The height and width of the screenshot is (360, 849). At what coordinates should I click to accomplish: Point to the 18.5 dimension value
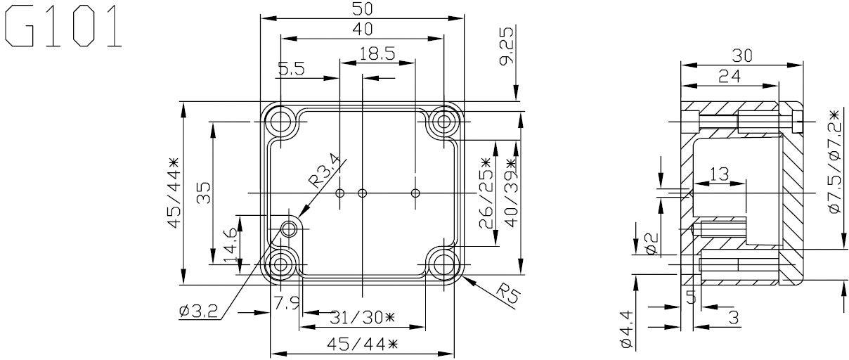[376, 53]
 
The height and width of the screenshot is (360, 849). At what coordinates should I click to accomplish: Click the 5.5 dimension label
[292, 69]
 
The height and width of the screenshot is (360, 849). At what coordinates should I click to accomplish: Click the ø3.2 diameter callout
[199, 310]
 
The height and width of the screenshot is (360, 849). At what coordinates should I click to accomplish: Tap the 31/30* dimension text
[362, 318]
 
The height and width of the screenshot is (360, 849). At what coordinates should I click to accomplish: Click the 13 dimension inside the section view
[719, 174]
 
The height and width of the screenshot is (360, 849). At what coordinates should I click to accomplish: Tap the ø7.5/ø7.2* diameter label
[834, 162]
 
